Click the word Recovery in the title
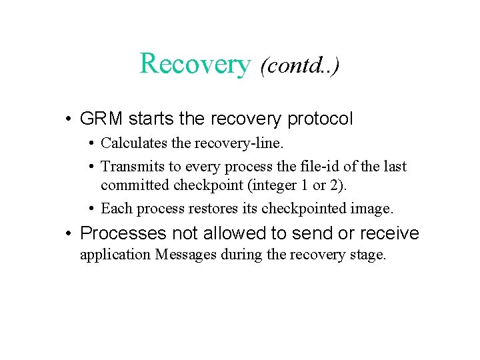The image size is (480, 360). tap(195, 64)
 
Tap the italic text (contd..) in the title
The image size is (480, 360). tap(299, 65)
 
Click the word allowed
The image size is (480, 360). tap(223, 233)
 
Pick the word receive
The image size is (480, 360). tap(389, 233)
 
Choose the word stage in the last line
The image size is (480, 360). tap(369, 255)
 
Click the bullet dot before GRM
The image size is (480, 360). tap(69, 120)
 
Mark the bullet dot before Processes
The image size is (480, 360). tap(69, 234)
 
